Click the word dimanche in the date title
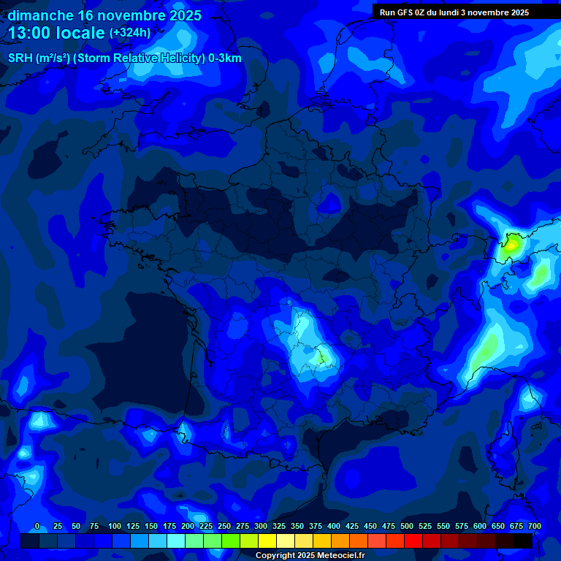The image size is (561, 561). pos(40,15)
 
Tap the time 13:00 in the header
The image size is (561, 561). pos(31,33)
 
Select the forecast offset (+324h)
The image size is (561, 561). pos(130,33)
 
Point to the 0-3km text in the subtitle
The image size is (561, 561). pos(225,58)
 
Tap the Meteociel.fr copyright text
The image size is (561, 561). pos(310,555)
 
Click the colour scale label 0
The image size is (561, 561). pos(37,526)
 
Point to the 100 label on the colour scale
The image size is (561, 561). pos(115,526)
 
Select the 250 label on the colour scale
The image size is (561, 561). pos(224,526)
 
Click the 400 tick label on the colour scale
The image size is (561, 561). pos(334,526)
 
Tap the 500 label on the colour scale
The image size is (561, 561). pos(407,526)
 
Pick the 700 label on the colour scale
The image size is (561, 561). pos(534,526)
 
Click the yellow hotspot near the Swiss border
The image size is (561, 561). pos(511,245)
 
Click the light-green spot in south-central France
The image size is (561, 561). pos(319,357)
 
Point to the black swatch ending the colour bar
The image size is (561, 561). pos(523,541)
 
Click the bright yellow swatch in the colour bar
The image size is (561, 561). pos(267,541)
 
